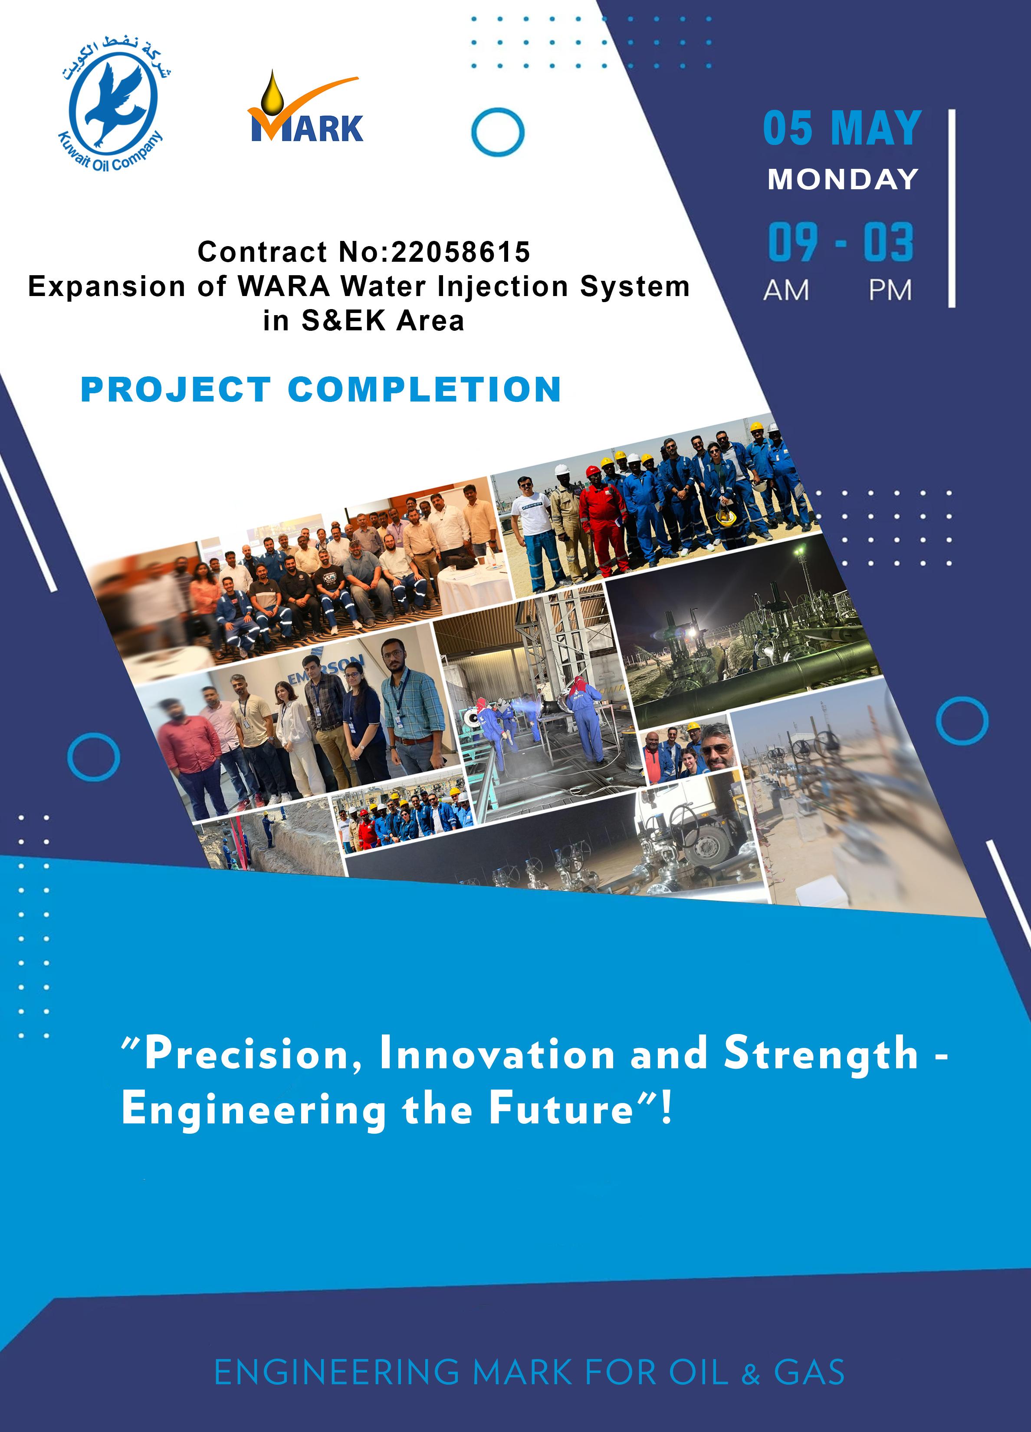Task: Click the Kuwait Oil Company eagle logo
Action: tap(114, 105)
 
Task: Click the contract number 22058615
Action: tap(461, 252)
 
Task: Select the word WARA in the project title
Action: tap(284, 286)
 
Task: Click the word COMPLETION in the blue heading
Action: tap(424, 389)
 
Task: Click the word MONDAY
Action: tap(843, 179)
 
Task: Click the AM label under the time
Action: tap(786, 290)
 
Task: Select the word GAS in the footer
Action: tap(809, 1372)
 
